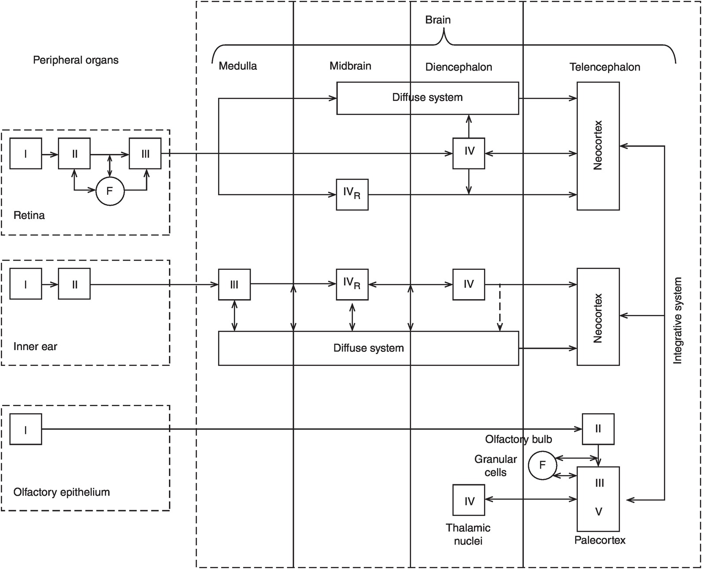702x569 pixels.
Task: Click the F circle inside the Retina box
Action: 110,191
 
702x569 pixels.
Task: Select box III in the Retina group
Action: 145,154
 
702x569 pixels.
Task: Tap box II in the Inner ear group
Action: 74,284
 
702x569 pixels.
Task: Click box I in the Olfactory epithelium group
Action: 26,429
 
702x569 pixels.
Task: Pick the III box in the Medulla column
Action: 234,285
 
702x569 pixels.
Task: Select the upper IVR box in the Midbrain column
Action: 352,194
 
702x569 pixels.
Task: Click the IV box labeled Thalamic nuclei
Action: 469,500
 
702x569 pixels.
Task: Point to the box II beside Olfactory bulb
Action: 598,429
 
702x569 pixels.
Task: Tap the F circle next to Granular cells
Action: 542,465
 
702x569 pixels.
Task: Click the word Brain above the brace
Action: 438,20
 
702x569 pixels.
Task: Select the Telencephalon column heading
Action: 605,67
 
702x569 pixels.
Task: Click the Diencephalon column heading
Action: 458,67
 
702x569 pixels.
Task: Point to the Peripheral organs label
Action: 75,60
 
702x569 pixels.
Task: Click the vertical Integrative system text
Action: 678,320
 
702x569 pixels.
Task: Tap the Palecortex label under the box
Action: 600,540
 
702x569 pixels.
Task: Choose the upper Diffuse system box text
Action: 427,97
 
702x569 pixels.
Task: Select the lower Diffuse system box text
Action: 369,348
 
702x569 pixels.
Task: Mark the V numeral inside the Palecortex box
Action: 598,512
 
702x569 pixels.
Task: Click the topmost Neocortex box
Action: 598,146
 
